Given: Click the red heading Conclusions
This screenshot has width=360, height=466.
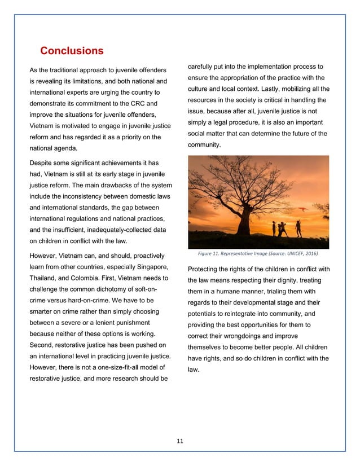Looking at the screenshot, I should [71, 51].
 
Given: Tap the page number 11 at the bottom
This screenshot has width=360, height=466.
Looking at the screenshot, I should [179, 441].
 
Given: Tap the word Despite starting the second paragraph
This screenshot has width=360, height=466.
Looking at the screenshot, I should [45, 163].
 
